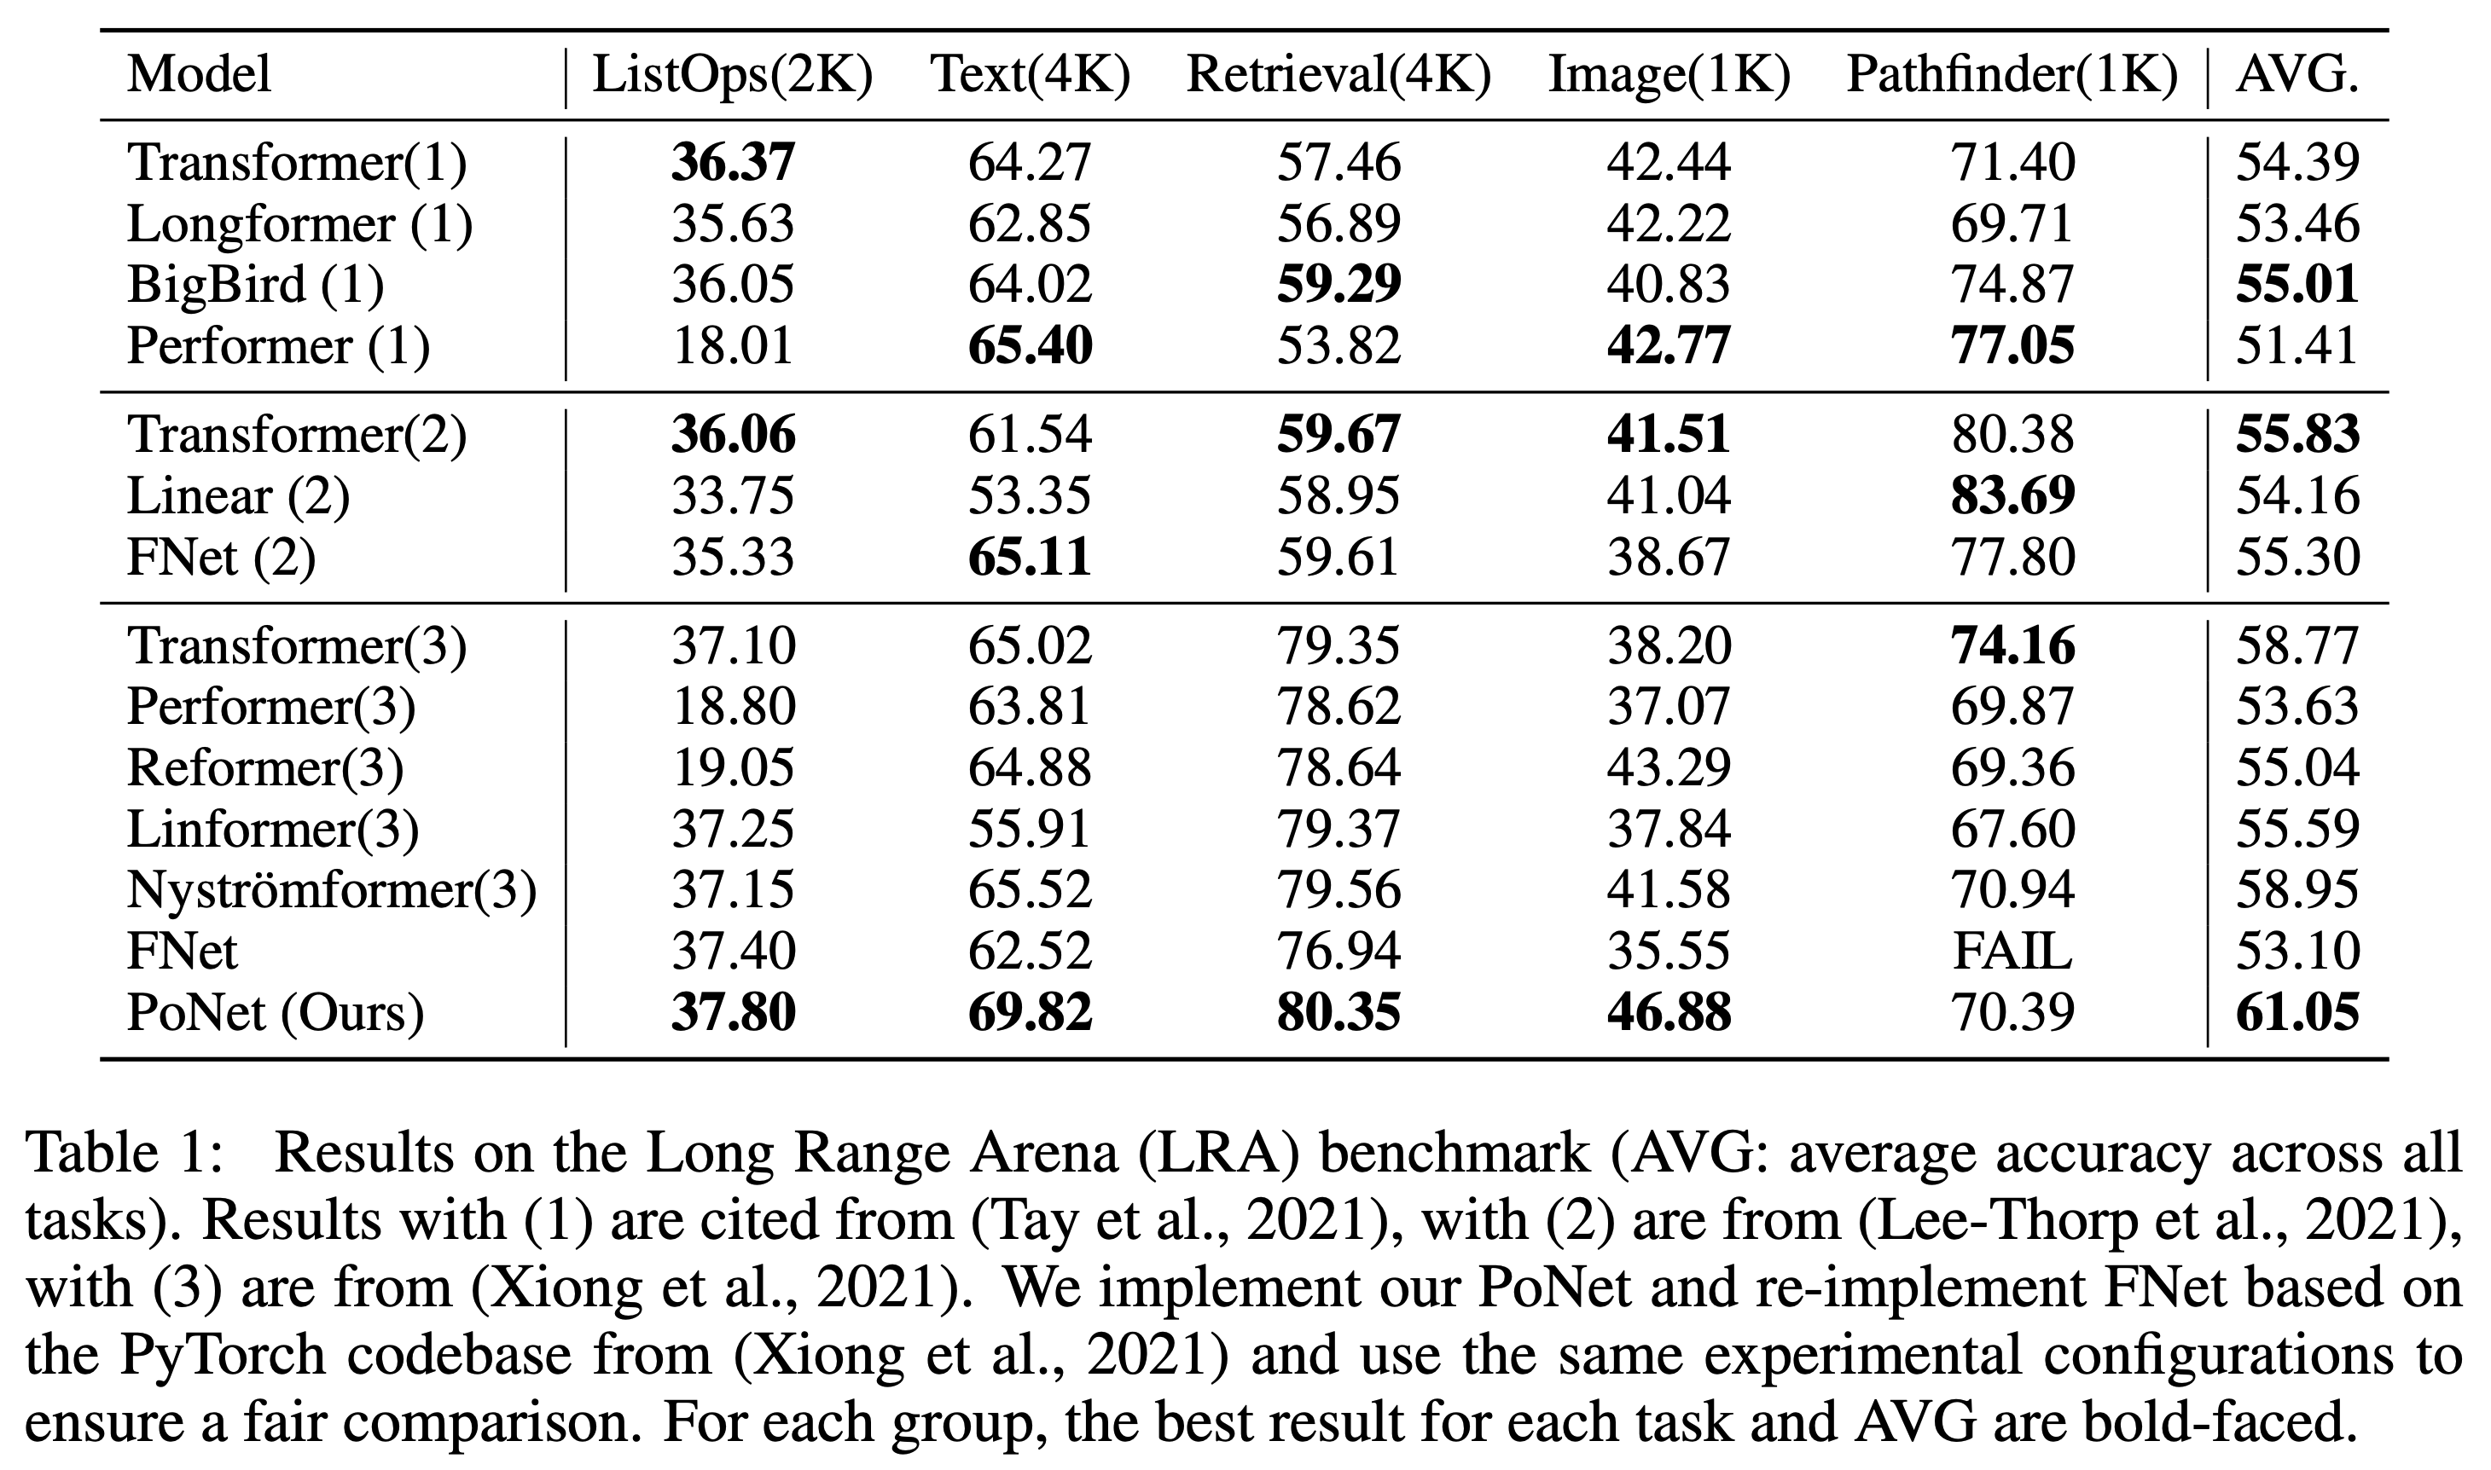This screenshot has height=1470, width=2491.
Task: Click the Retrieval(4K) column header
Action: pyautogui.click(x=1338, y=75)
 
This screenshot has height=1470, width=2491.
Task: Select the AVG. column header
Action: pyautogui.click(x=2296, y=75)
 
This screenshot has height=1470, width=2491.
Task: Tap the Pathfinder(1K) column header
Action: pyautogui.click(x=2012, y=75)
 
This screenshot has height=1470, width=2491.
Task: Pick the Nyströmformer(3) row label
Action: pyautogui.click(x=332, y=890)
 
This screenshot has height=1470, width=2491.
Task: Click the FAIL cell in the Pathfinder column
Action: pyautogui.click(x=2012, y=952)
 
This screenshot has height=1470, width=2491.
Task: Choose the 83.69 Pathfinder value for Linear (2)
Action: pyautogui.click(x=2012, y=496)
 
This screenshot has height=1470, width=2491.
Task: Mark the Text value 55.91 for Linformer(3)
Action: pyautogui.click(x=1030, y=829)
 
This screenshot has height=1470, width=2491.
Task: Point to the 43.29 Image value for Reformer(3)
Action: pyautogui.click(x=1669, y=767)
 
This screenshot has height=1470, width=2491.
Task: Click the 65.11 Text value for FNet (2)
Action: pyautogui.click(x=1030, y=558)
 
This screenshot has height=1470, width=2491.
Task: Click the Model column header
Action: pyautogui.click(x=199, y=75)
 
